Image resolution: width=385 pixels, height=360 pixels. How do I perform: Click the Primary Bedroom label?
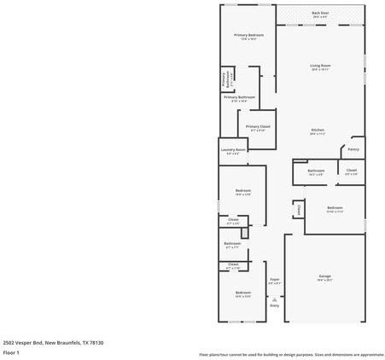pos(249,35)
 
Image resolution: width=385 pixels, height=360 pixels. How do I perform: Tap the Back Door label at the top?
pos(320,13)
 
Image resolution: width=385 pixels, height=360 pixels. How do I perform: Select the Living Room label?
pos(320,66)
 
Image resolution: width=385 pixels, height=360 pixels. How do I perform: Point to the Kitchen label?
pos(318,130)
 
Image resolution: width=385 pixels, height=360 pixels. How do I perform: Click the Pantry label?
pos(353,149)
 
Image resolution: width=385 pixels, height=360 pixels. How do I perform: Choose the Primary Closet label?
pos(258,126)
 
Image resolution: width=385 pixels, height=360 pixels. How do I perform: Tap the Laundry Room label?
pos(233,150)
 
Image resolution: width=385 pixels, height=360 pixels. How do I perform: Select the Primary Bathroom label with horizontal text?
pos(240,97)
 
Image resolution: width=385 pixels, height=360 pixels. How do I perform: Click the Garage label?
pos(324,276)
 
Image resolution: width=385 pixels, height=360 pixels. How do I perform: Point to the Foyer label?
pos(275,279)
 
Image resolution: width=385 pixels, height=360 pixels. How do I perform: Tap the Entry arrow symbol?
pos(274,299)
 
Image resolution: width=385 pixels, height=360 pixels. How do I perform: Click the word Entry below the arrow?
pos(274,305)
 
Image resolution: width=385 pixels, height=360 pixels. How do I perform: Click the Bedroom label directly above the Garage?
pos(335,207)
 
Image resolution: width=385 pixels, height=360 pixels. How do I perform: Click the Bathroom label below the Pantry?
pos(315,171)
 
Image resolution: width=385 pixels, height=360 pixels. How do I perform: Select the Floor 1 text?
pos(11,351)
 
